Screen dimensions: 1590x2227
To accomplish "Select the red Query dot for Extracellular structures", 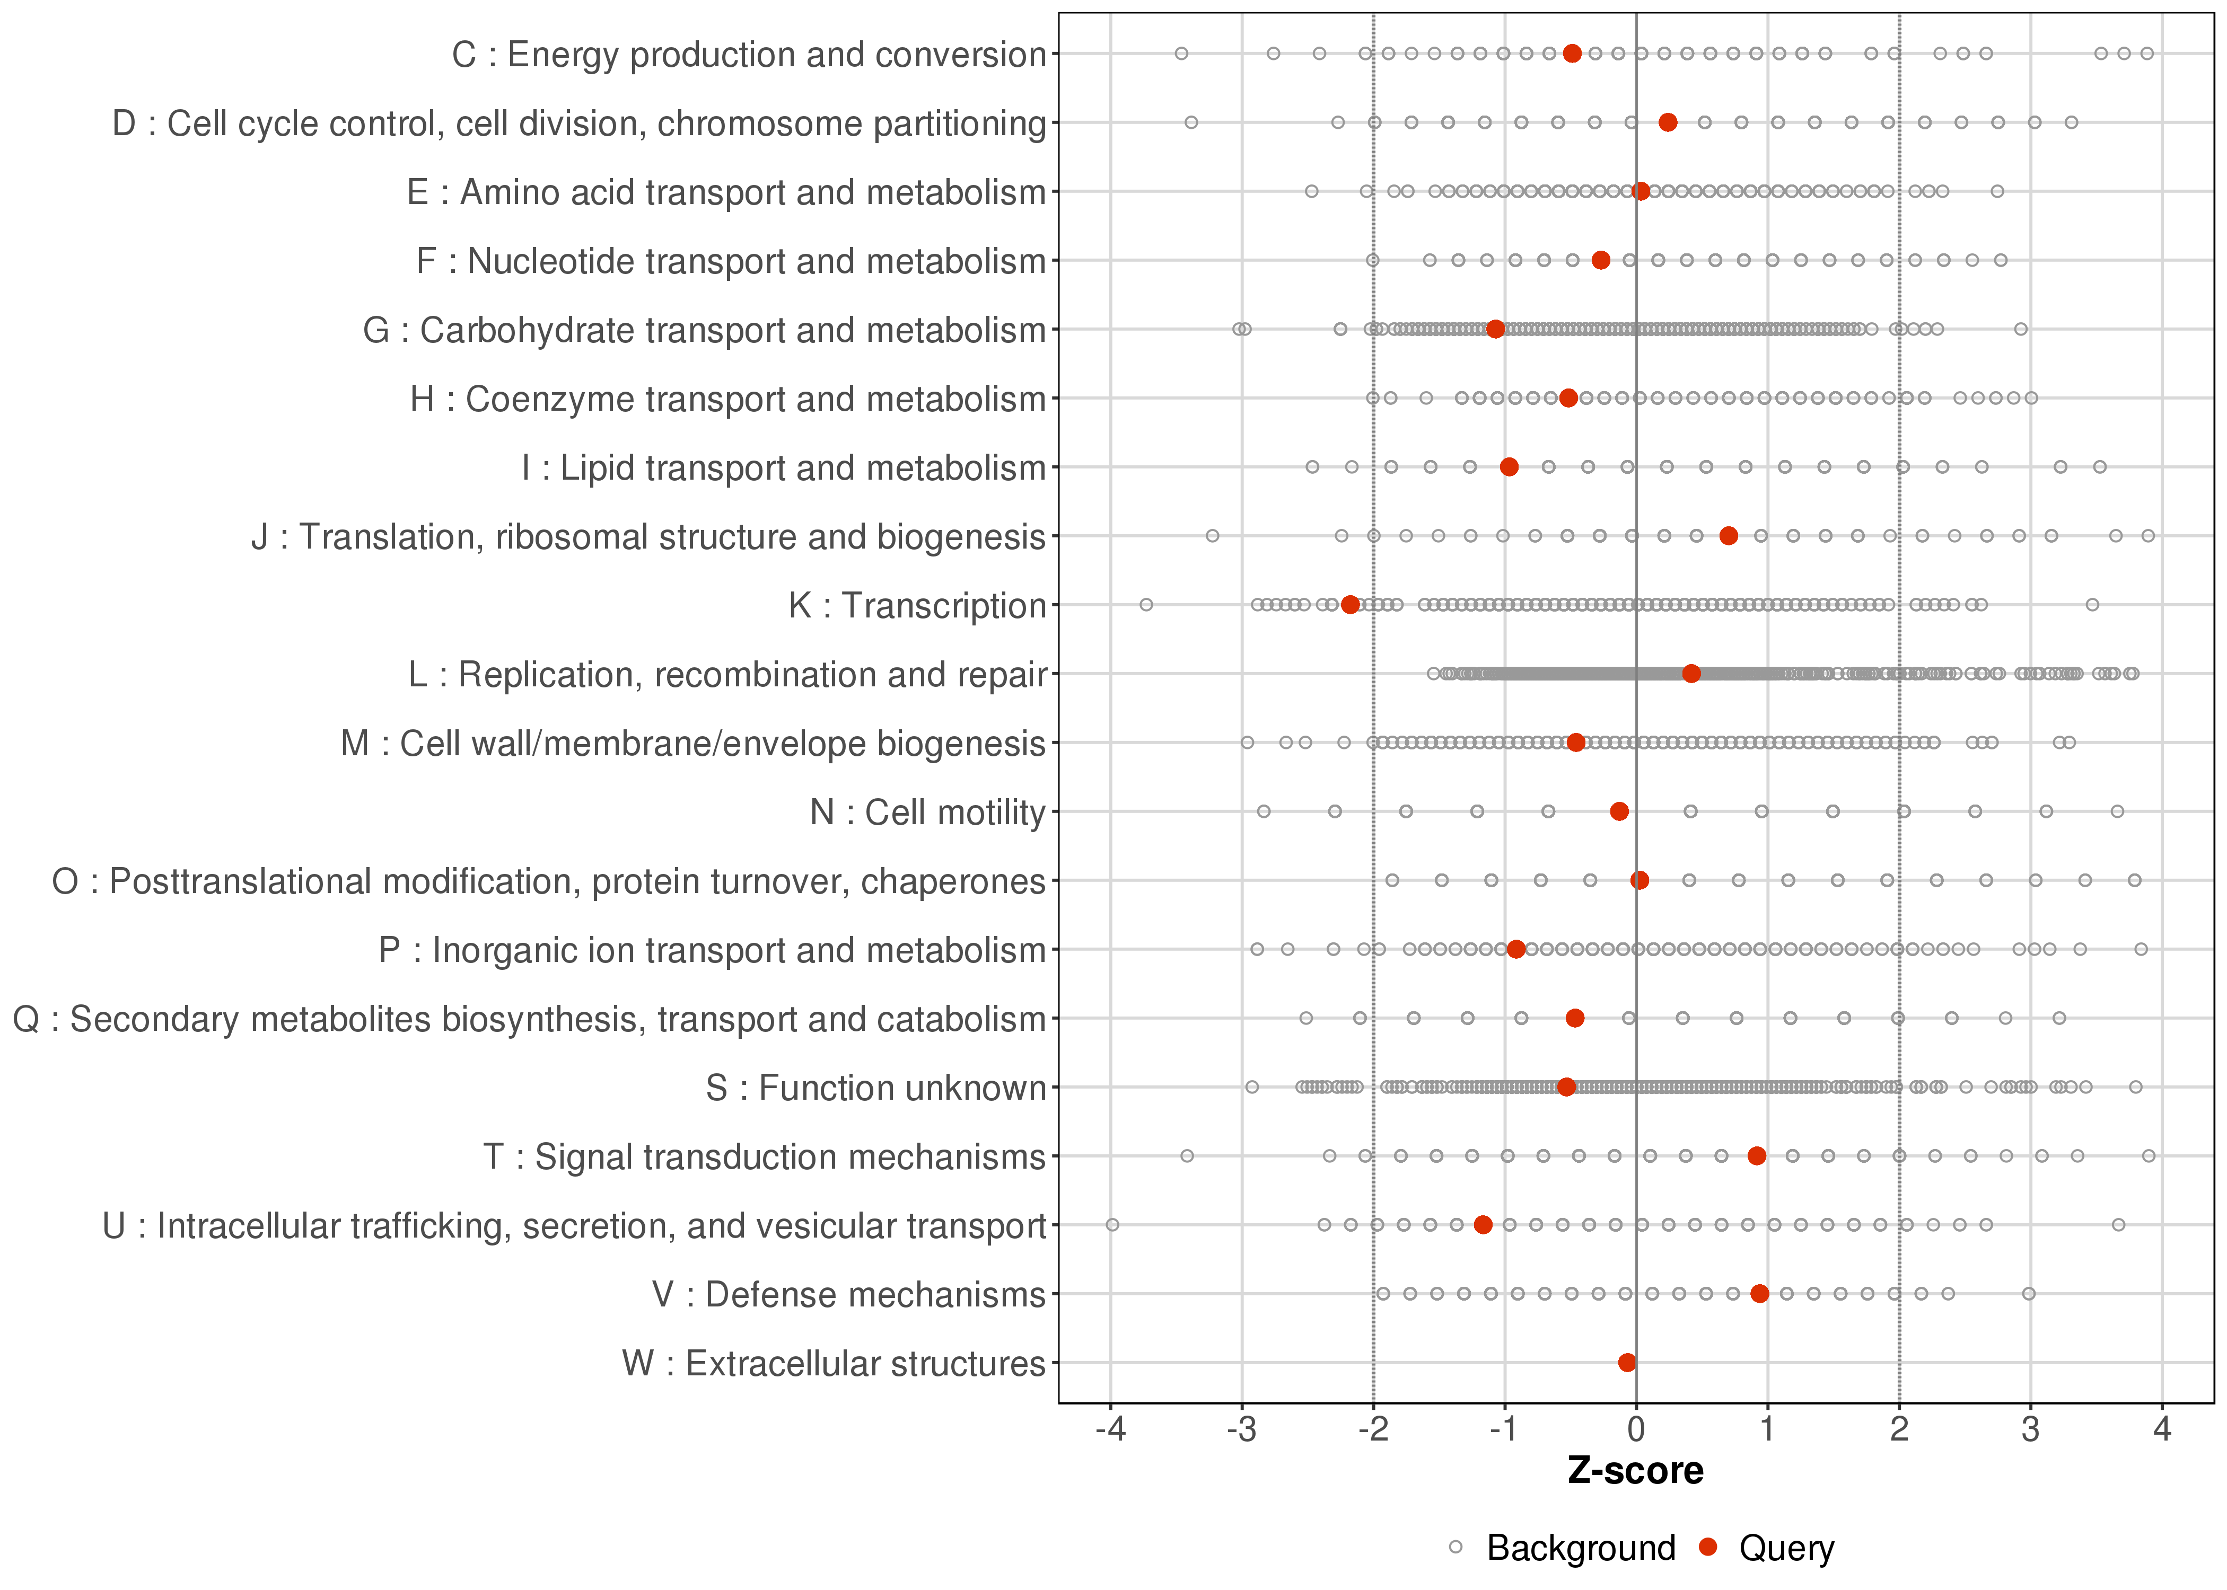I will click(1627, 1363).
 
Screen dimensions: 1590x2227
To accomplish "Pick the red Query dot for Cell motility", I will click(1619, 811).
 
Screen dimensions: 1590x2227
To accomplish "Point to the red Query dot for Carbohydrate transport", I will click(1495, 329).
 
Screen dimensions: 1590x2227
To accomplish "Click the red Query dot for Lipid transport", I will click(1509, 467).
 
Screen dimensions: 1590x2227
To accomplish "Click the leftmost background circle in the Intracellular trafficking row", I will click(1111, 1225).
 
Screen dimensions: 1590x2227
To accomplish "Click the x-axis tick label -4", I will click(1110, 1430).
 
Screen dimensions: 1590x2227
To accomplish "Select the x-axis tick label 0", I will click(1635, 1430).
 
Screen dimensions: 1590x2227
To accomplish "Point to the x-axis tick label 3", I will click(2030, 1430).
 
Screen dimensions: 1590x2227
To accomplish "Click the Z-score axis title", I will click(1635, 1471).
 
